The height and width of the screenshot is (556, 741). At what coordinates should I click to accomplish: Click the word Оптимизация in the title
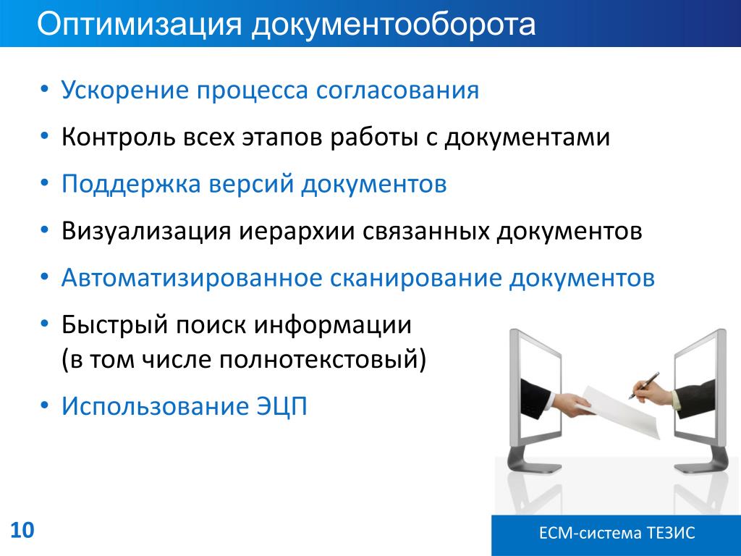click(x=140, y=25)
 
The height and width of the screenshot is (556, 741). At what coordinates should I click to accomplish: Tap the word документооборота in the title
click(x=394, y=25)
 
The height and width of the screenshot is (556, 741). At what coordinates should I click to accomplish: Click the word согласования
click(x=397, y=90)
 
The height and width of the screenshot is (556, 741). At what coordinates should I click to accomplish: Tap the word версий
click(x=251, y=184)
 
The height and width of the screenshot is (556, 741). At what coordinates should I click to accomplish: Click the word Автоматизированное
click(x=192, y=278)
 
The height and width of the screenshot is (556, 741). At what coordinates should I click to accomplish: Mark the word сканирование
click(x=415, y=277)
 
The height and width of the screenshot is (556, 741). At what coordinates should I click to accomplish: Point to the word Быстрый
click(x=115, y=325)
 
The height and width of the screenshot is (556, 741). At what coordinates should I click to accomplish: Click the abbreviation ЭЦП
click(x=282, y=406)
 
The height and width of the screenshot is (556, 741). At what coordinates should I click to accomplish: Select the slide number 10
click(x=22, y=530)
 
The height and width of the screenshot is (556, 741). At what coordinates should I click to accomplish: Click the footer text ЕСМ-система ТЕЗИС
click(x=617, y=533)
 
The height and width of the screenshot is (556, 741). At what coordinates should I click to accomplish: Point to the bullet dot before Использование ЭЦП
click(x=44, y=405)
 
